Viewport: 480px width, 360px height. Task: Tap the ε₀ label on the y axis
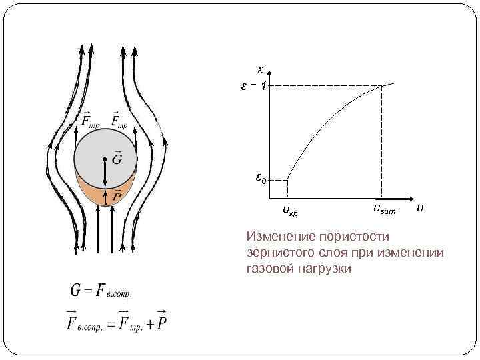coord(261,179)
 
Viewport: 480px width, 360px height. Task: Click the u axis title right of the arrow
coord(419,209)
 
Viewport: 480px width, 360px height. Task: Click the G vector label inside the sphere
coord(117,158)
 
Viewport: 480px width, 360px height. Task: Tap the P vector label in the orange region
coord(117,195)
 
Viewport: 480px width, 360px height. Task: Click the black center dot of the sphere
coord(105,159)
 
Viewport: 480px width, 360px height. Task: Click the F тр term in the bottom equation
coord(128,323)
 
